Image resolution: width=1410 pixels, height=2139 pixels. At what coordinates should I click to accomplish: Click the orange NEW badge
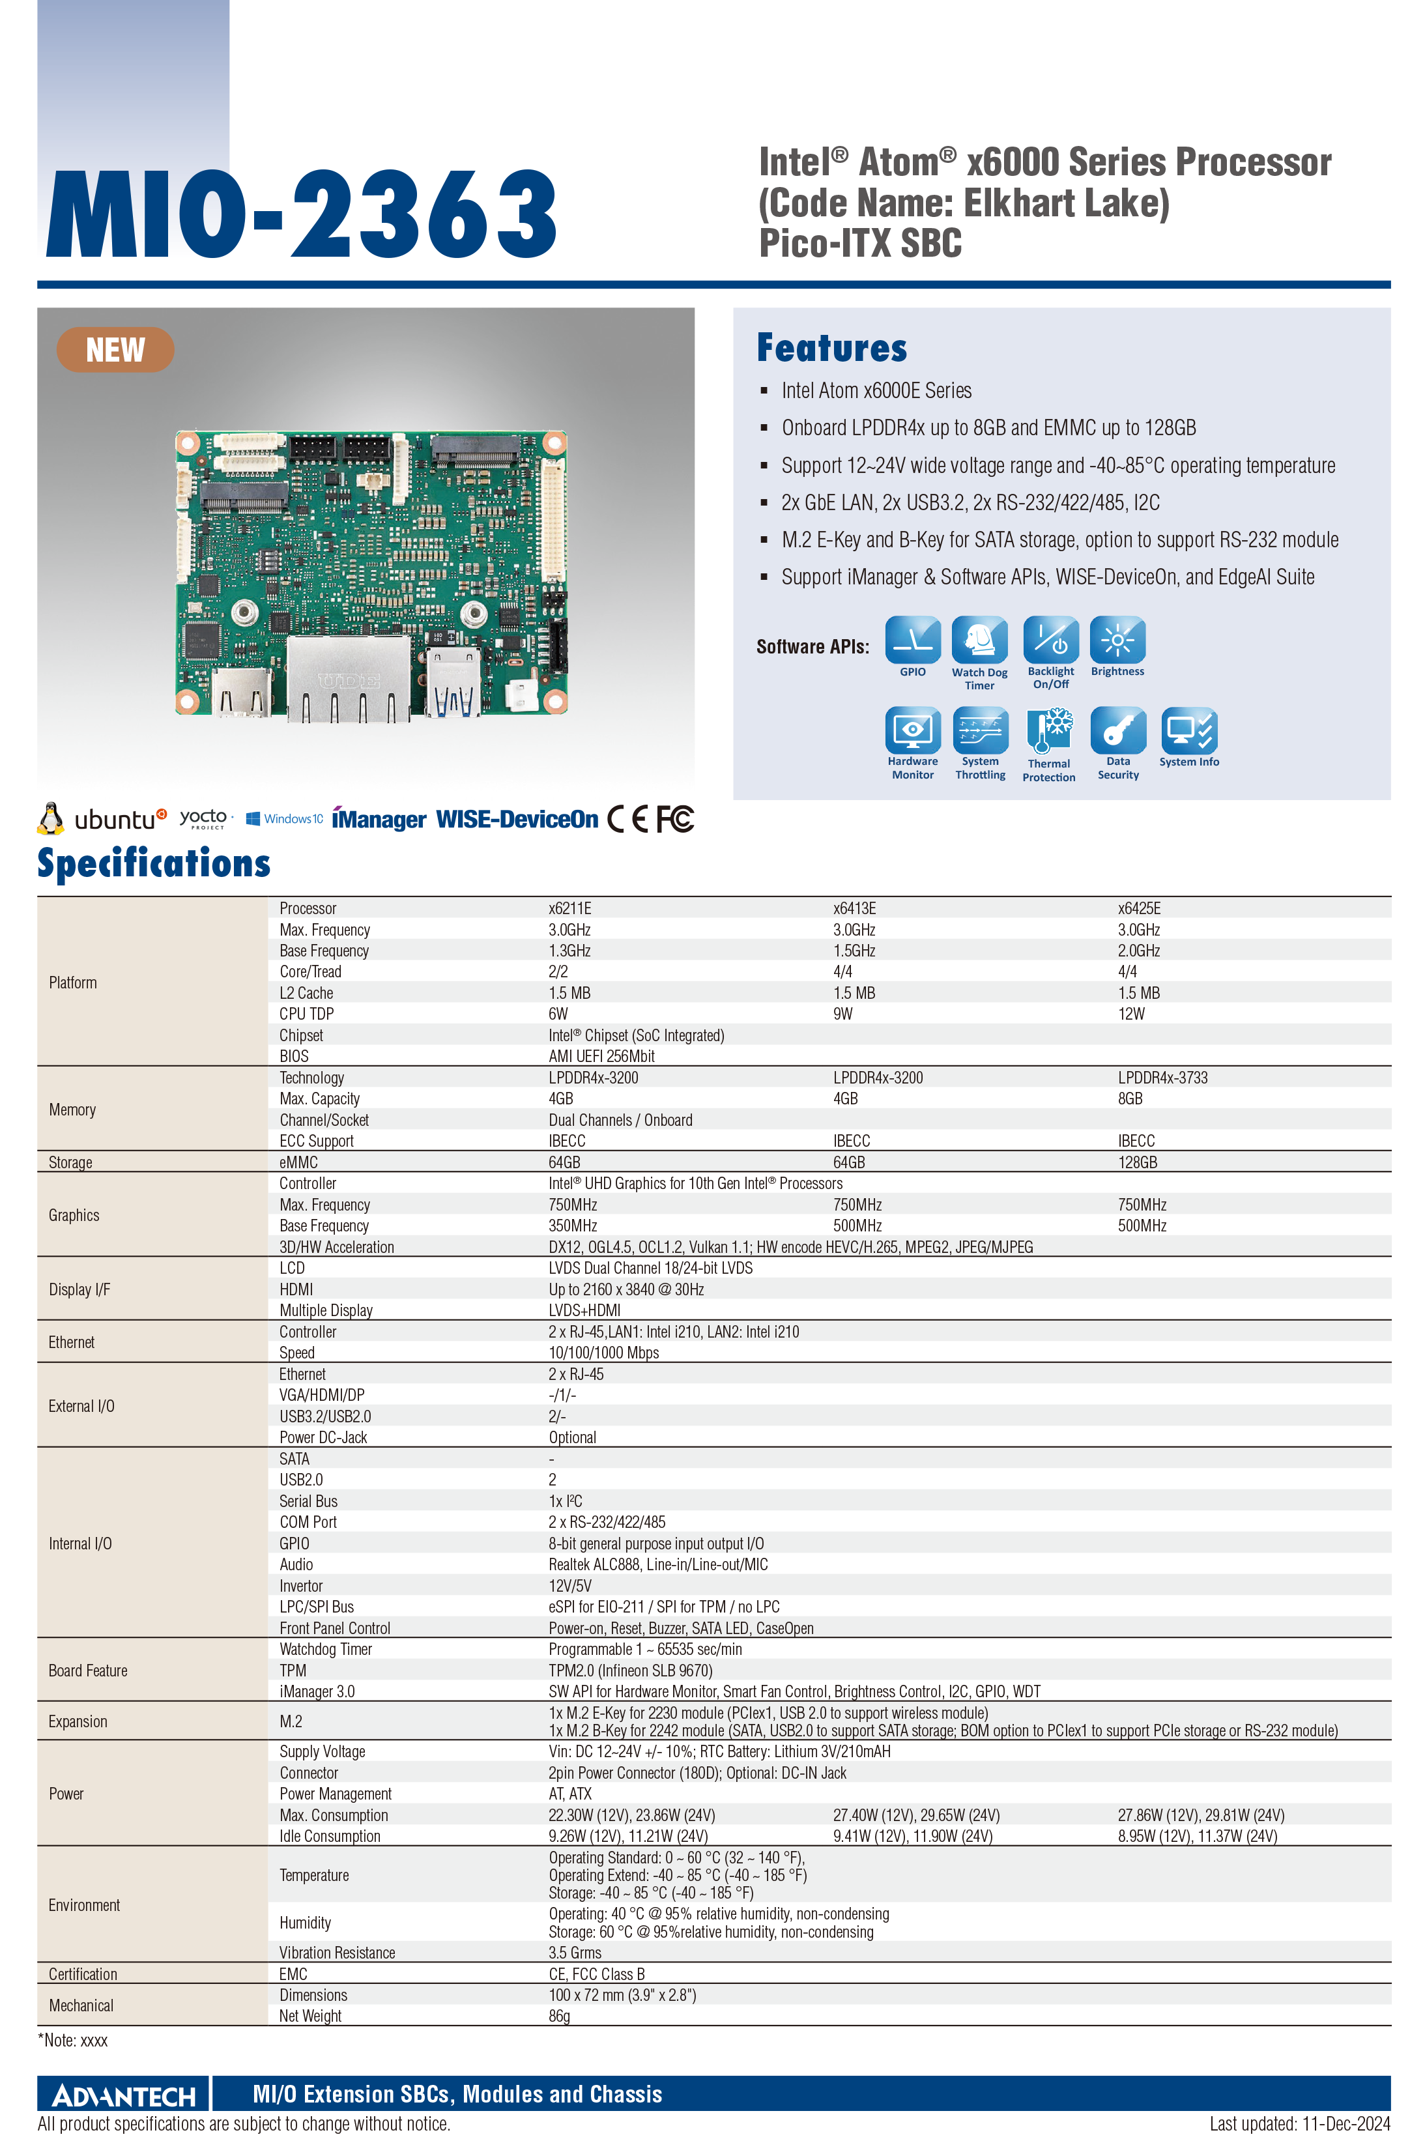[x=115, y=350]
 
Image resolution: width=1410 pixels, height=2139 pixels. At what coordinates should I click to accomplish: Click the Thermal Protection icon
[x=1048, y=731]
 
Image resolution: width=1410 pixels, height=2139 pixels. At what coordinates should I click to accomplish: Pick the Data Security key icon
[x=1117, y=730]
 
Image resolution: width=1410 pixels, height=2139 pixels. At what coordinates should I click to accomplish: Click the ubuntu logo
[x=102, y=819]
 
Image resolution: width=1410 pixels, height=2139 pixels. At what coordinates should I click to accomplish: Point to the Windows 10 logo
[x=284, y=819]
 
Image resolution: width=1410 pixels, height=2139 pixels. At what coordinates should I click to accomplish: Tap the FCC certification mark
[x=674, y=819]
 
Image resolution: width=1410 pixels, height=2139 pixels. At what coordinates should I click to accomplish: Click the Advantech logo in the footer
[x=124, y=2096]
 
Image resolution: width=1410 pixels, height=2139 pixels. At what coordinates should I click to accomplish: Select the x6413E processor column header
[x=854, y=908]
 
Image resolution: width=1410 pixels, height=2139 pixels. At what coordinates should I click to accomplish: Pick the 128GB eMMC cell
[x=1138, y=1162]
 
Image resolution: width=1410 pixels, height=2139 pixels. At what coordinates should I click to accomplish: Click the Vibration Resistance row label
[x=338, y=1953]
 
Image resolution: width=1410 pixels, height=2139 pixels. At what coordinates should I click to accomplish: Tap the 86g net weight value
[x=559, y=2017]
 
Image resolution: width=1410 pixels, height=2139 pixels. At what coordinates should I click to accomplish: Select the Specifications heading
[x=154, y=863]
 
